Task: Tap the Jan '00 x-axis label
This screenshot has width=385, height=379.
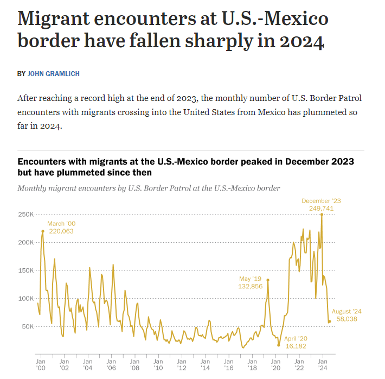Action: pyautogui.click(x=41, y=364)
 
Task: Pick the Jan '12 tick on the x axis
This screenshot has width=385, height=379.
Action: pyautogui.click(x=182, y=364)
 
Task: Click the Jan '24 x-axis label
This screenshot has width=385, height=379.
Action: pyautogui.click(x=322, y=364)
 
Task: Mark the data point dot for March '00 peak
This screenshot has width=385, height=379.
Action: pyautogui.click(x=43, y=231)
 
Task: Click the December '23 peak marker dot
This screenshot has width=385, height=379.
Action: pyautogui.click(x=322, y=214)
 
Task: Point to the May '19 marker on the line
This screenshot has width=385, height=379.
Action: pyautogui.click(x=268, y=280)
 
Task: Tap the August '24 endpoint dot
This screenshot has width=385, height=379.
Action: pyautogui.click(x=329, y=321)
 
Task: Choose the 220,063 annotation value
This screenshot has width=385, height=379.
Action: pyautogui.click(x=60, y=231)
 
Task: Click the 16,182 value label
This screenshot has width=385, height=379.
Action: pyautogui.click(x=297, y=345)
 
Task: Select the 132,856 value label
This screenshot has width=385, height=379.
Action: pyautogui.click(x=250, y=287)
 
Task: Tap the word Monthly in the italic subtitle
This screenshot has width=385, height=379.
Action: pyautogui.click(x=34, y=188)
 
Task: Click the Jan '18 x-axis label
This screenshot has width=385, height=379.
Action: pyautogui.click(x=252, y=364)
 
